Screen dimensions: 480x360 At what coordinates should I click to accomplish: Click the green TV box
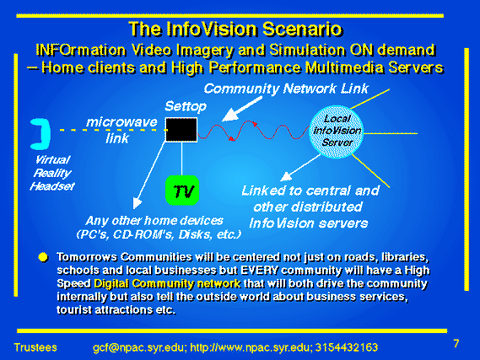(x=182, y=191)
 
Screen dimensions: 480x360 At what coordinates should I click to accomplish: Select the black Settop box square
(x=181, y=130)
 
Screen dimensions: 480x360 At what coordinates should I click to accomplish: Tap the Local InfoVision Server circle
(x=337, y=132)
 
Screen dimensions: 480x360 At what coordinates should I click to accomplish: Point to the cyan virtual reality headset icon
(x=41, y=134)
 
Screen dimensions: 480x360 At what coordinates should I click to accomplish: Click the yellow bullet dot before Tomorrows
(x=44, y=257)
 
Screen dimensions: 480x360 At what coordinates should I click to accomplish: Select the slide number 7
(x=456, y=343)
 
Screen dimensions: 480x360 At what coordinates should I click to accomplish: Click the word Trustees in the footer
(x=35, y=347)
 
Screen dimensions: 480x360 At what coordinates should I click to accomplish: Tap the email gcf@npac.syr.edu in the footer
(x=139, y=347)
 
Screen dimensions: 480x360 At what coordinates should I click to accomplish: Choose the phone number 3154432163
(x=347, y=347)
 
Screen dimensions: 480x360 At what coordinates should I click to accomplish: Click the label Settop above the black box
(x=186, y=106)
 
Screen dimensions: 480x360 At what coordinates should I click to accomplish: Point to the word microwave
(x=121, y=122)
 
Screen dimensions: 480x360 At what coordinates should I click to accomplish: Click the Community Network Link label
(x=286, y=89)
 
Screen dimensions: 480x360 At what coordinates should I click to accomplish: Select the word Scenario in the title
(x=302, y=29)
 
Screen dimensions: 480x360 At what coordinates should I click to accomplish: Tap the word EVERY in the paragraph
(x=260, y=271)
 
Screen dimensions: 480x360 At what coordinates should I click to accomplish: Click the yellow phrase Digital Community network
(x=167, y=284)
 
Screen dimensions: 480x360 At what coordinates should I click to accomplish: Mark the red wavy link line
(x=254, y=131)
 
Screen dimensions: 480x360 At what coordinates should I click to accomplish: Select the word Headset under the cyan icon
(x=52, y=186)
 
